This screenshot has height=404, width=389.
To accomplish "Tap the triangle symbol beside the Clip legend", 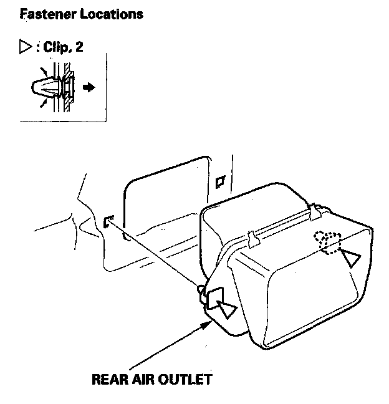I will click(x=26, y=47).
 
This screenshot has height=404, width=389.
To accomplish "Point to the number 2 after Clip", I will click(x=79, y=47).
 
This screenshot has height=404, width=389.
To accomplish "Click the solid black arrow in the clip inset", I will click(x=90, y=88).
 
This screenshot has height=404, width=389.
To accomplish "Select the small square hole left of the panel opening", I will click(x=108, y=220).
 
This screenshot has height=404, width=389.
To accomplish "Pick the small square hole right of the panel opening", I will click(x=219, y=183).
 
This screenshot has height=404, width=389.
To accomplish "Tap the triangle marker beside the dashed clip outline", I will click(x=352, y=256).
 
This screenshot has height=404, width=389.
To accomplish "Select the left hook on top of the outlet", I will click(x=252, y=237).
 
